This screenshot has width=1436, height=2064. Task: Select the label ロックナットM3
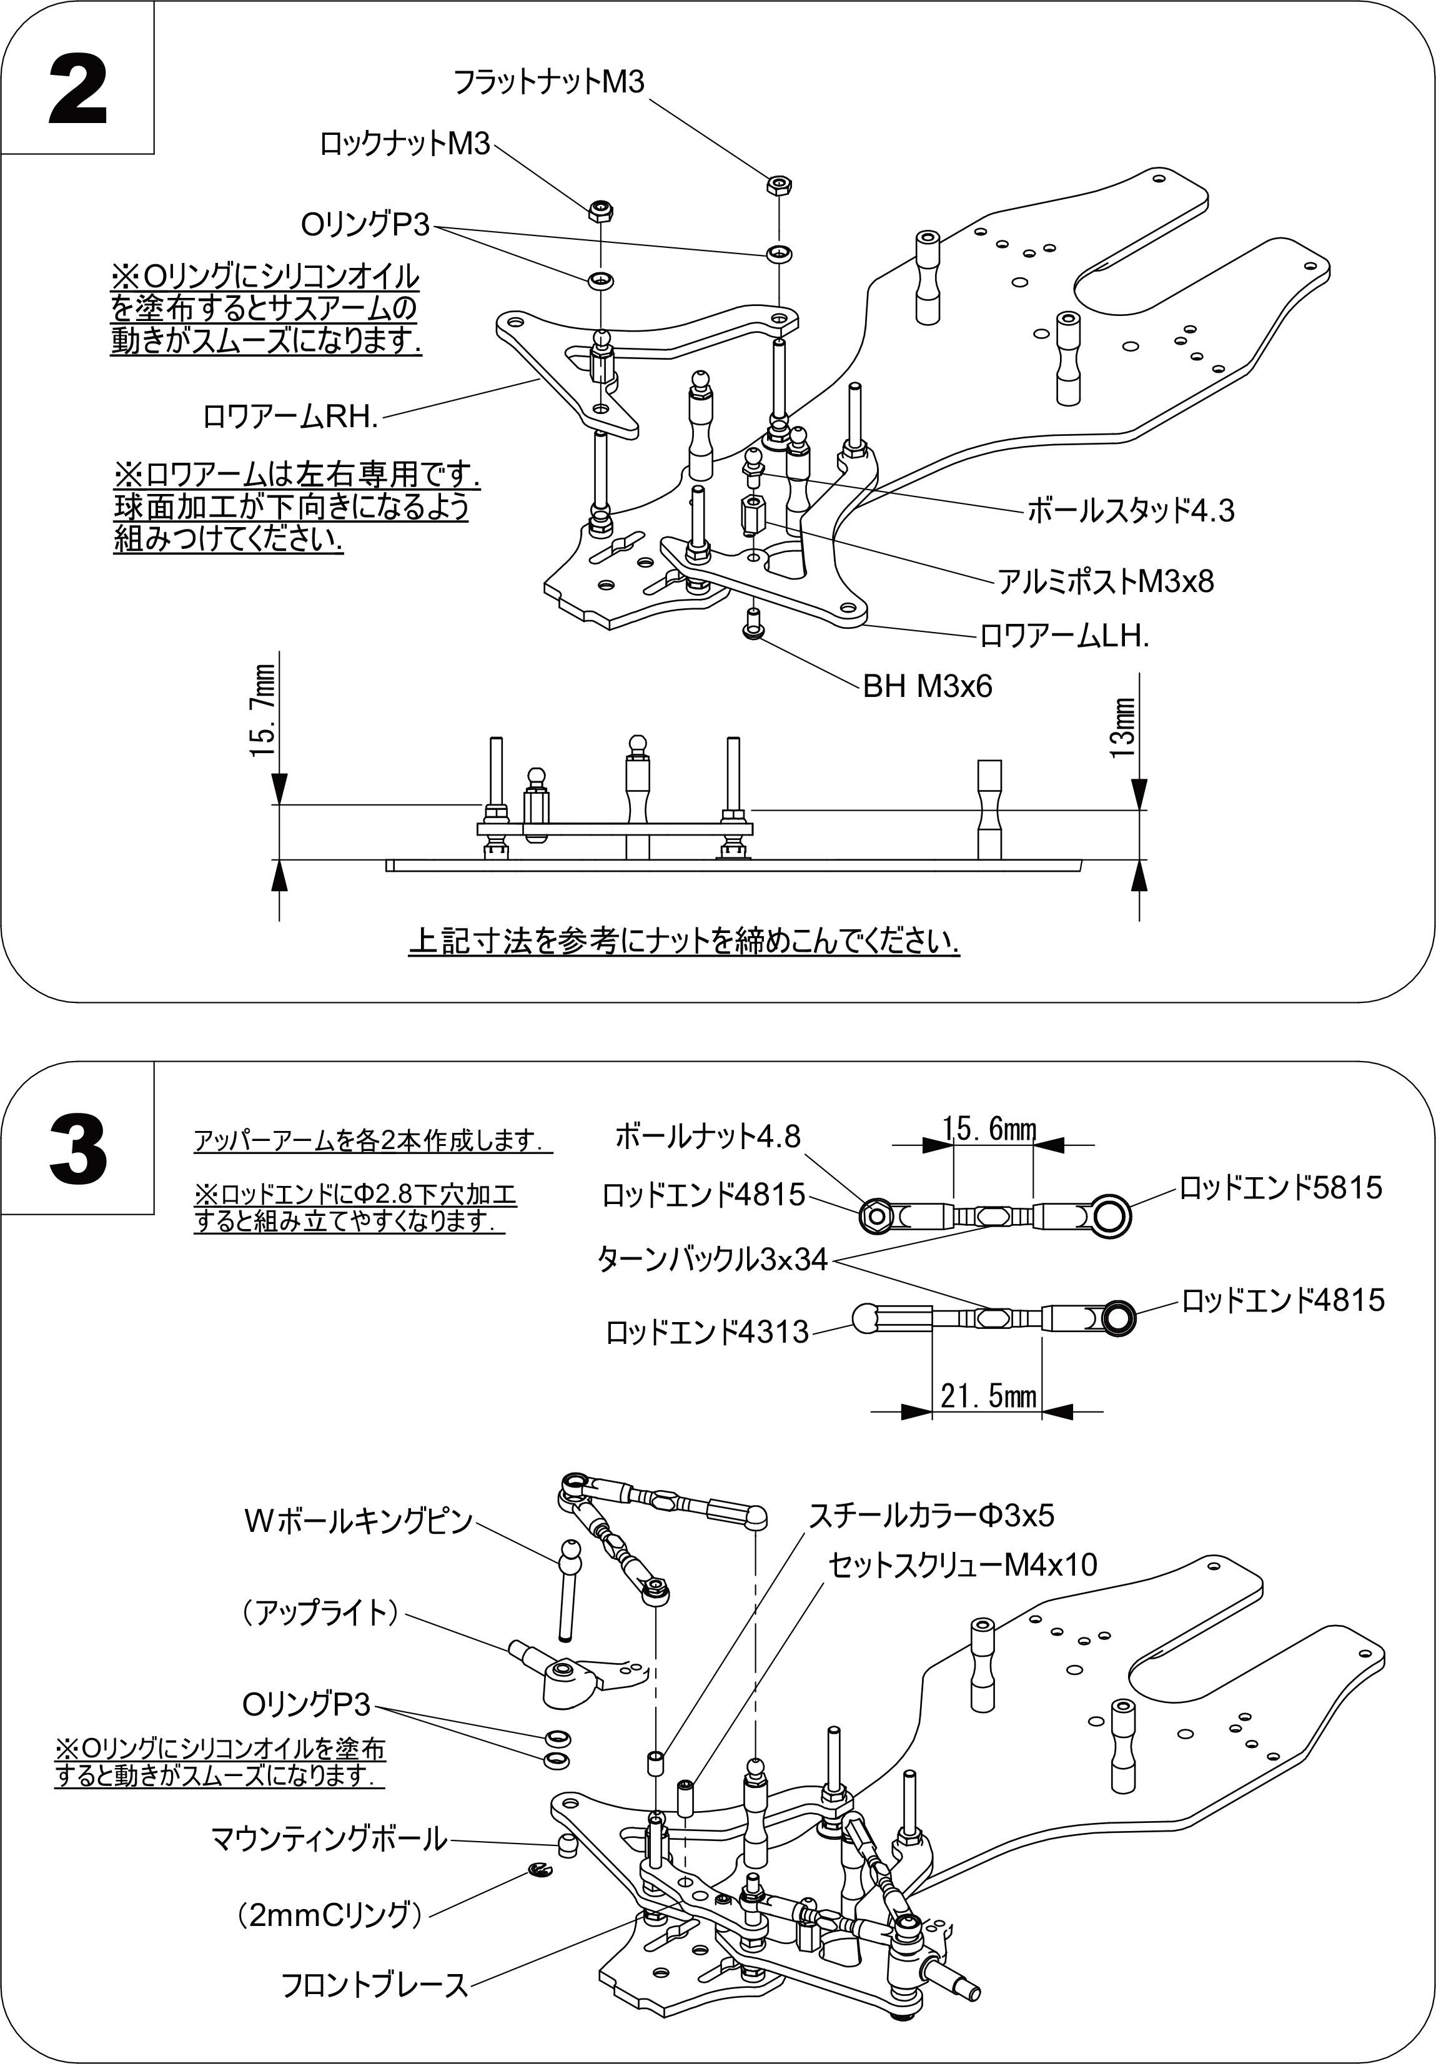[x=405, y=144]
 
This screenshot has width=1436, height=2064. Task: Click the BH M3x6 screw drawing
[x=753, y=623]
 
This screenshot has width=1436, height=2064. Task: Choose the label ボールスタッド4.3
[x=1131, y=511]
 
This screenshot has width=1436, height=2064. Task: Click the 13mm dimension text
[x=1123, y=728]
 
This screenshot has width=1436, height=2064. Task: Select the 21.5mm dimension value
[x=988, y=1395]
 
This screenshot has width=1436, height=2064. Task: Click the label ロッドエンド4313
[x=707, y=1332]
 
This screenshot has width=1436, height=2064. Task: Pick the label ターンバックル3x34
[x=712, y=1260]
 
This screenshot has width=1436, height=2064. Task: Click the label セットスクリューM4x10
[x=962, y=1565]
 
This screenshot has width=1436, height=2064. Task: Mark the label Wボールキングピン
[x=357, y=1521]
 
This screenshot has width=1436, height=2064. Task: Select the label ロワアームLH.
[x=1064, y=636]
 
